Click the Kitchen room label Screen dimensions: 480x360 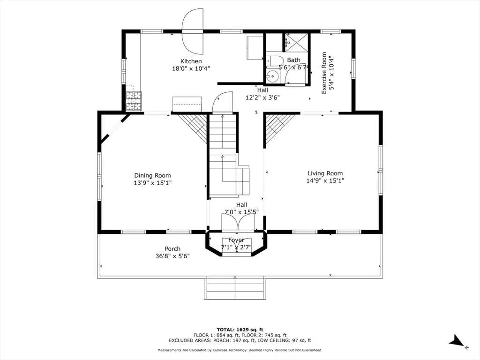tap(191, 61)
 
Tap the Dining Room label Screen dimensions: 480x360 tap(152, 175)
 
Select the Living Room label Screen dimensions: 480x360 tap(325, 173)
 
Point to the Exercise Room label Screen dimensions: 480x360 tap(324, 73)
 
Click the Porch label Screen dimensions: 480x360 tap(172, 249)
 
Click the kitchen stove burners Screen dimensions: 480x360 tap(134, 101)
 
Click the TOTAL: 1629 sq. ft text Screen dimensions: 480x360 tap(240, 330)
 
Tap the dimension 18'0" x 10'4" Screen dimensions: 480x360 tap(191, 68)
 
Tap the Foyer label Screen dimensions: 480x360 tap(236, 240)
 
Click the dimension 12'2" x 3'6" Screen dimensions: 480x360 tap(262, 97)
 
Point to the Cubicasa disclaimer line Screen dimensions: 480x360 tap(240, 350)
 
